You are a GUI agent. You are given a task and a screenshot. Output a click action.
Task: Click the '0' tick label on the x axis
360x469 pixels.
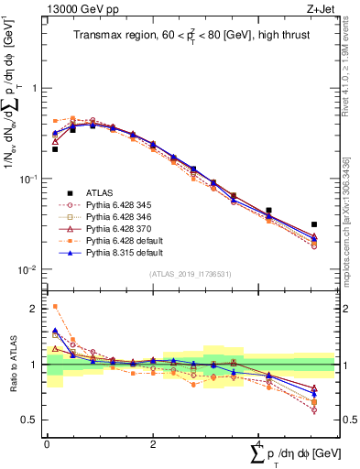(47, 444)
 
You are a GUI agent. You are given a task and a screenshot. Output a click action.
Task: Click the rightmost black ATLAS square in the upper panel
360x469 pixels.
(313, 224)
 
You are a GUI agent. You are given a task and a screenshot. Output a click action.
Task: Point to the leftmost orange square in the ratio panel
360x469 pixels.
(55, 307)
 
